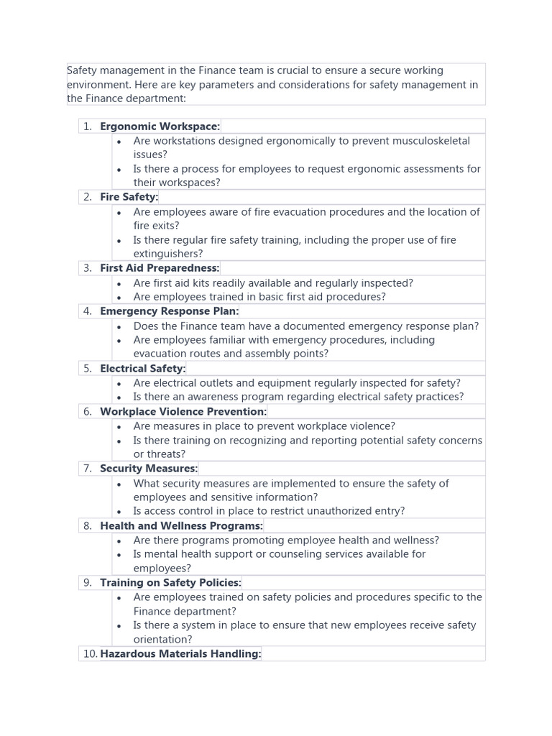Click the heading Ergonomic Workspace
pyautogui.click(x=160, y=126)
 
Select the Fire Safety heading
pyautogui.click(x=129, y=197)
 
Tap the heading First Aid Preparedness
pyautogui.click(x=159, y=268)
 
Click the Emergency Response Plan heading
pyautogui.click(x=169, y=311)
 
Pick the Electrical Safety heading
pyautogui.click(x=142, y=369)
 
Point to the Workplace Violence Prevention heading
pyautogui.click(x=183, y=412)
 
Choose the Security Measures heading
pyautogui.click(x=148, y=469)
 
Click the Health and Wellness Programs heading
pyautogui.click(x=181, y=526)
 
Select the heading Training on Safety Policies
pyautogui.click(x=170, y=583)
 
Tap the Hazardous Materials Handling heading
pyautogui.click(x=180, y=654)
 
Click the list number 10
pyautogui.click(x=89, y=654)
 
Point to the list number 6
pyautogui.click(x=87, y=412)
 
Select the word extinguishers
pyautogui.click(x=168, y=254)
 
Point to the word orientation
pyautogui.click(x=162, y=640)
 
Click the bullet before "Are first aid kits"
pyautogui.click(x=119, y=284)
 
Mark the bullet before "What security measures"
pyautogui.click(x=119, y=484)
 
